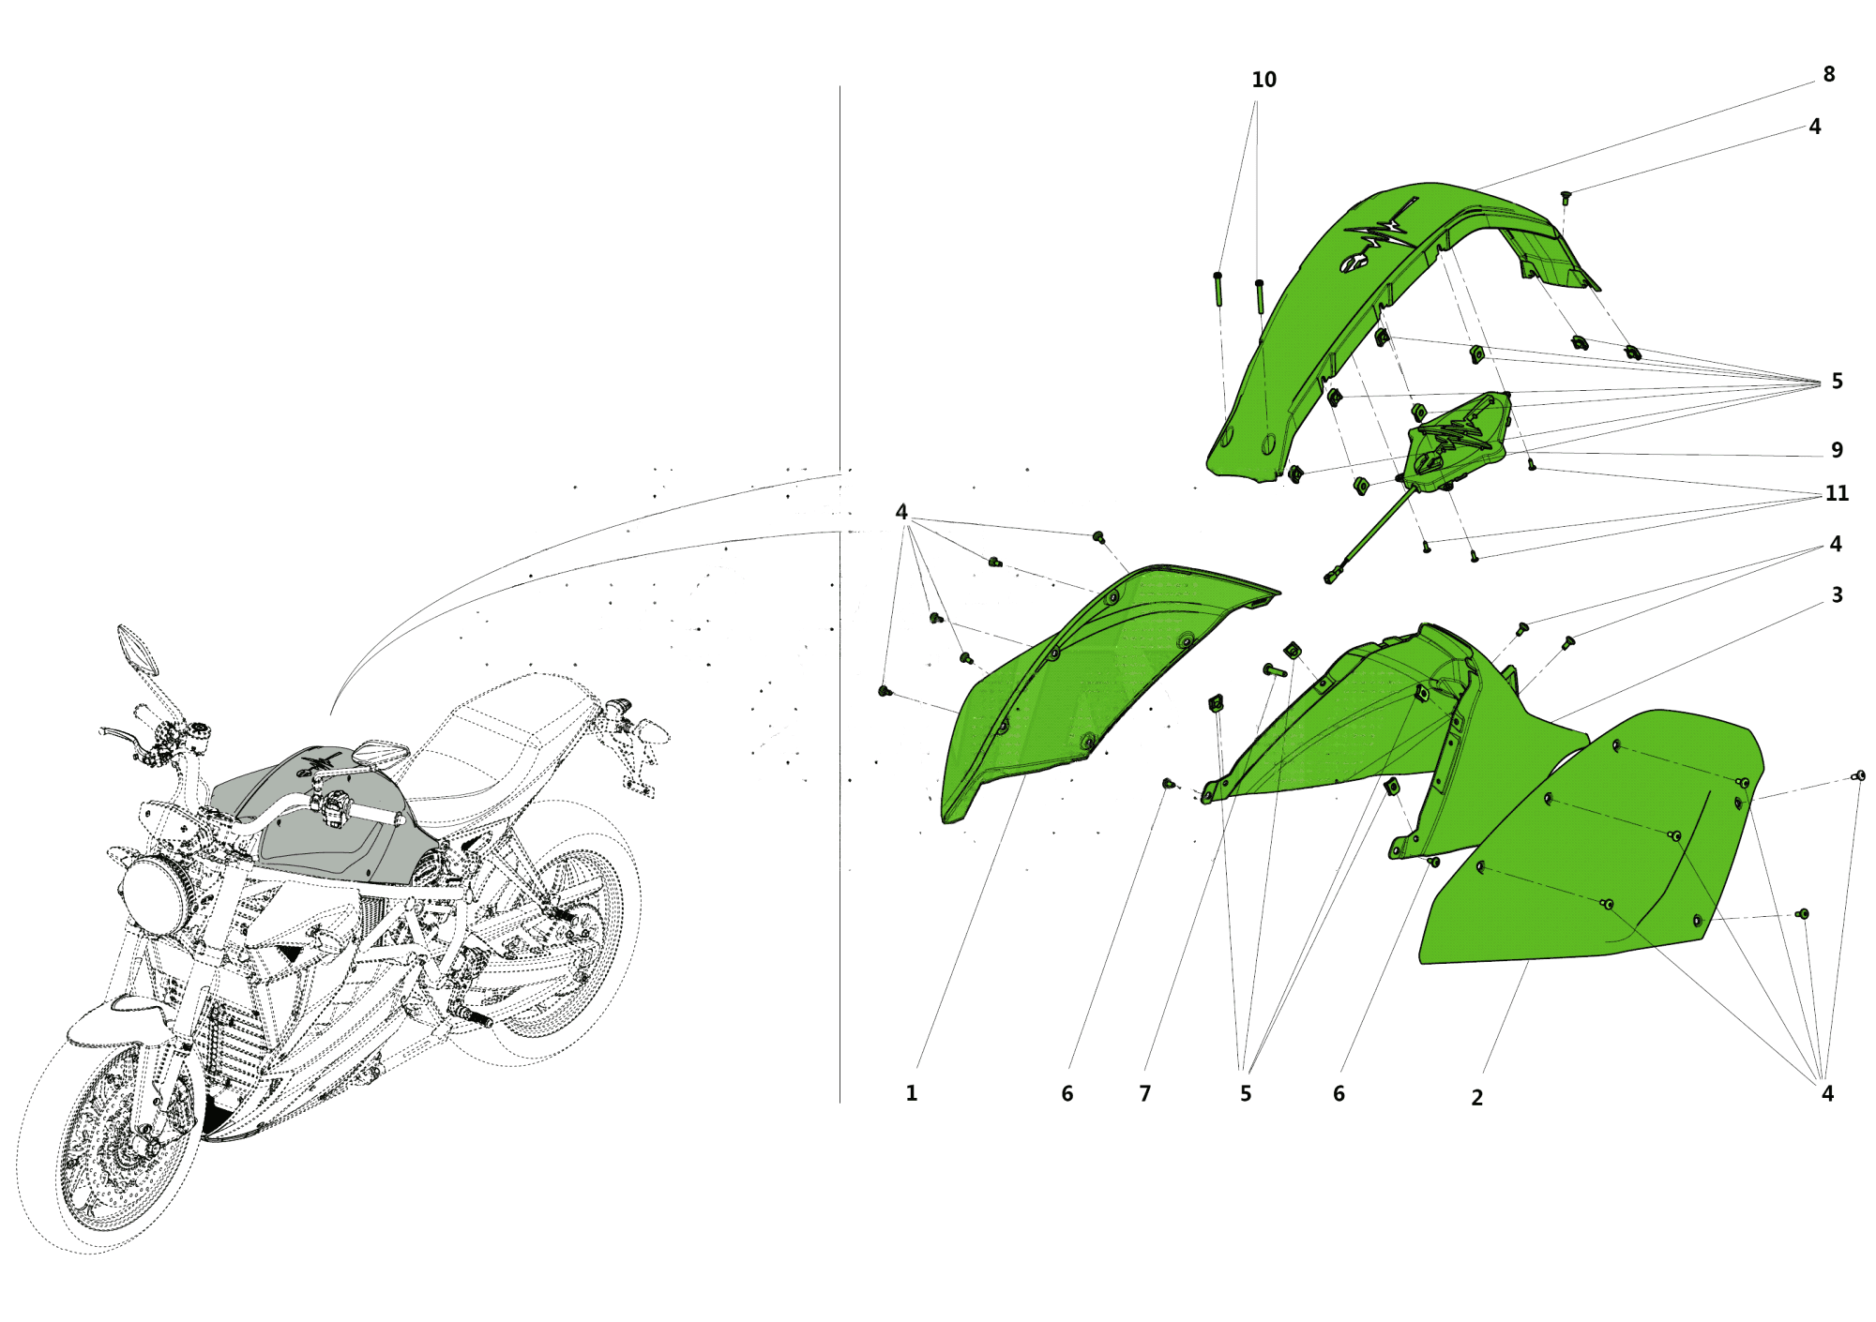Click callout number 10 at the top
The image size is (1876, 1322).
point(1263,81)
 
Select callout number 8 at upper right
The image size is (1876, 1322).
point(1828,75)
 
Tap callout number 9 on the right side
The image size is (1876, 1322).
point(1837,451)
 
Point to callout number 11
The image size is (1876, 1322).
point(1837,494)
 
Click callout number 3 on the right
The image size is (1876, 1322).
point(1837,595)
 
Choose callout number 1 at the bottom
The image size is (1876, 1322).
point(911,1093)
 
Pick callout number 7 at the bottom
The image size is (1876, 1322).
point(1144,1094)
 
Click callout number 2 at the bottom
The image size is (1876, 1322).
point(1476,1098)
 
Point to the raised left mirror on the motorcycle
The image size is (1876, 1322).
point(137,649)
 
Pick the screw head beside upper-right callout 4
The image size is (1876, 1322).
point(1565,196)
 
